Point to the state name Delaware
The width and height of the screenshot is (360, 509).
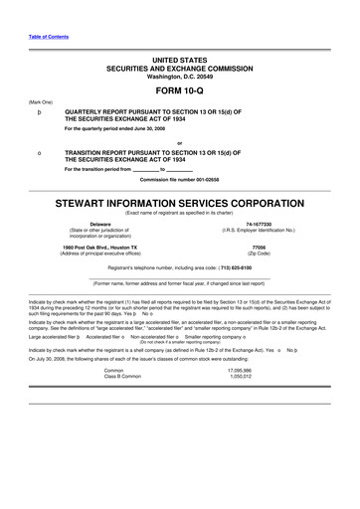tap(99, 224)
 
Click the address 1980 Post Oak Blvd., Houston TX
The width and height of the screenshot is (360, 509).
tap(99, 247)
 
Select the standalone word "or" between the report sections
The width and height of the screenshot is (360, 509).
tap(179, 140)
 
